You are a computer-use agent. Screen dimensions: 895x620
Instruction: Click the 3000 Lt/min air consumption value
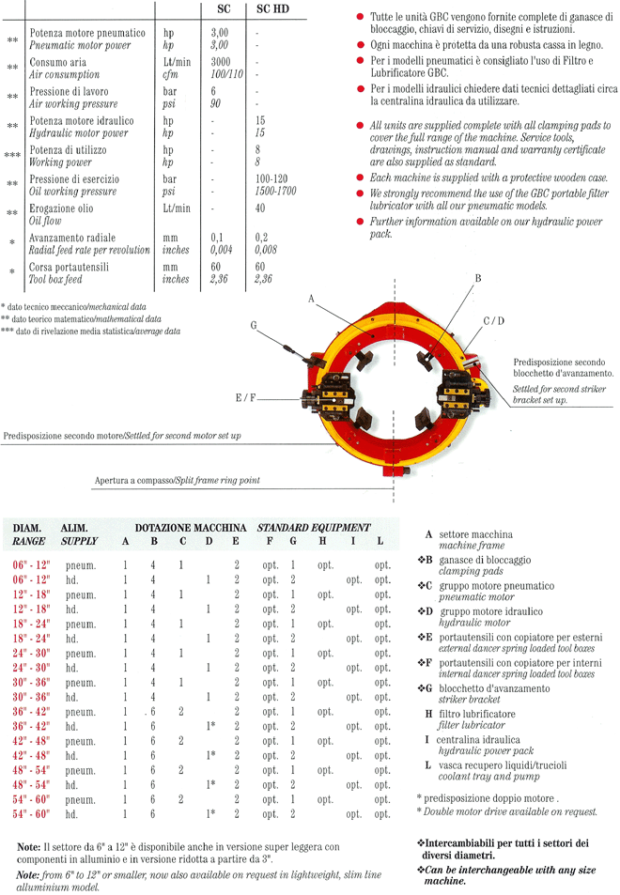pos(221,61)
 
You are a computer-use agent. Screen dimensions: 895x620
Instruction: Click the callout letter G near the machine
pos(254,325)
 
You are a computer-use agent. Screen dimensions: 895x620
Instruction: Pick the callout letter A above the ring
pos(311,298)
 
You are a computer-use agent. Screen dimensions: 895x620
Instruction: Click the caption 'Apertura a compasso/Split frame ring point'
pos(177,481)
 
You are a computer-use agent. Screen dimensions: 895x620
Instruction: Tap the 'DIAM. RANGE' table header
pos(29,534)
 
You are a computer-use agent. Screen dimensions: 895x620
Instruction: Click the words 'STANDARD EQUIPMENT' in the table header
pos(314,528)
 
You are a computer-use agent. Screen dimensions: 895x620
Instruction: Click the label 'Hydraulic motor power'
pos(80,132)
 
